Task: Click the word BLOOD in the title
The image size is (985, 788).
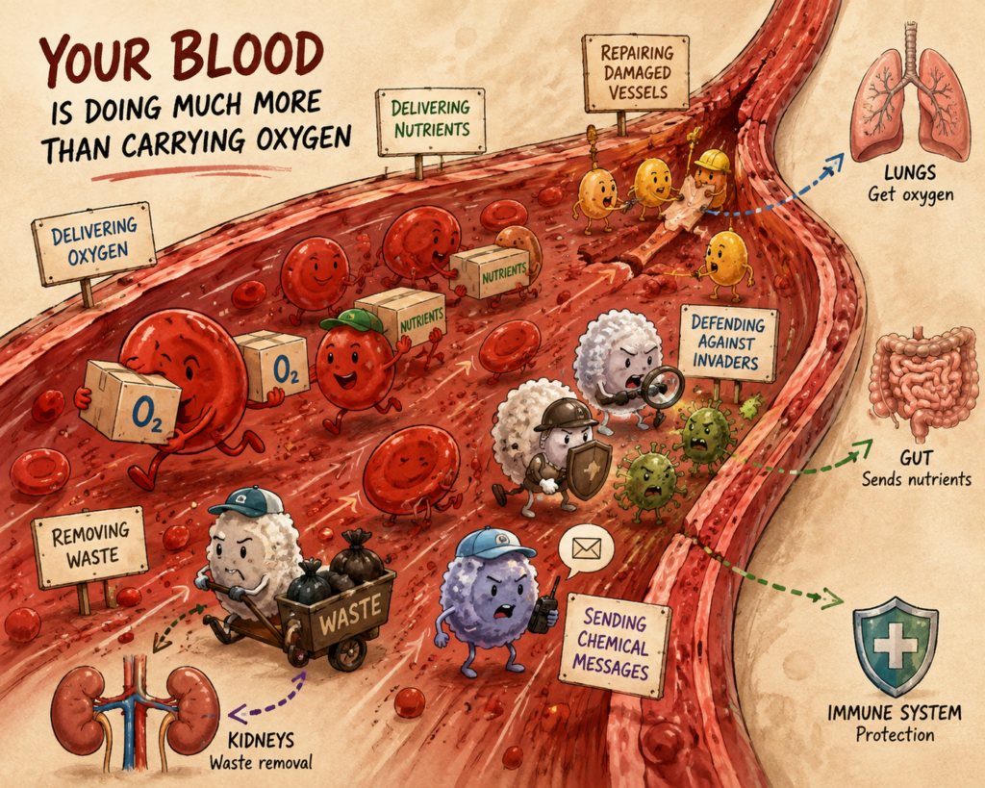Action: click(x=248, y=58)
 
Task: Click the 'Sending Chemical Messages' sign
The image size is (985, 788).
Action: click(x=614, y=644)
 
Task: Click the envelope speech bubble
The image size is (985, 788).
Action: click(x=586, y=550)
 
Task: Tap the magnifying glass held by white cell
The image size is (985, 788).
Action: click(x=663, y=383)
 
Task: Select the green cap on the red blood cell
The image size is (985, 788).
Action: click(x=352, y=321)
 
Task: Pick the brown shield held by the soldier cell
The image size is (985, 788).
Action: click(x=589, y=469)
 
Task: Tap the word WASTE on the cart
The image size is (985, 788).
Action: click(x=350, y=613)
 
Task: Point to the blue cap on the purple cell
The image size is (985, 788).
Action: click(x=495, y=543)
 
